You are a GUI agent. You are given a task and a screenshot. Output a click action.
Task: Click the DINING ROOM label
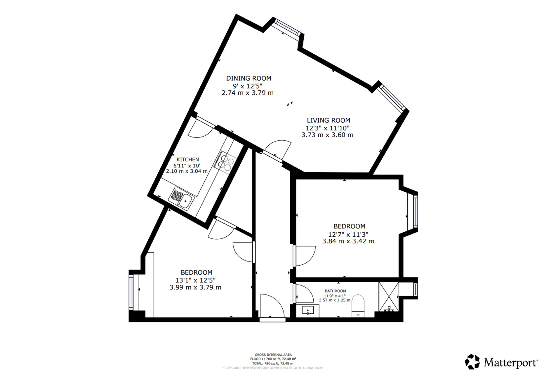click(249, 78)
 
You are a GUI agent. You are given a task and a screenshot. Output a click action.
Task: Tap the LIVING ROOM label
click(328, 120)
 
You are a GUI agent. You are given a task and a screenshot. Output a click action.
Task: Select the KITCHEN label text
click(188, 160)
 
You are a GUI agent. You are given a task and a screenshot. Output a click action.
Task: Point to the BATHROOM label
click(335, 291)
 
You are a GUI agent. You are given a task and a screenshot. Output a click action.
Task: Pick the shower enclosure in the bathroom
click(389, 297)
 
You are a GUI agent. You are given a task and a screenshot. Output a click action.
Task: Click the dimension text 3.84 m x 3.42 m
click(348, 241)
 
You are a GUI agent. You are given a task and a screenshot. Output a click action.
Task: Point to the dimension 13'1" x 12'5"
click(195, 280)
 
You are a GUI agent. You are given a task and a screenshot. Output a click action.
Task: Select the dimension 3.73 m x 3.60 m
click(327, 135)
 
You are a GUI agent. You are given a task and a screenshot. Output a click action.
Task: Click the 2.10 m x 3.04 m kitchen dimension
click(187, 171)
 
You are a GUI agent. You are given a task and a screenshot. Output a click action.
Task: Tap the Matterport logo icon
click(472, 362)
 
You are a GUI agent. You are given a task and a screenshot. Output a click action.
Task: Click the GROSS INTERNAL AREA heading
click(273, 355)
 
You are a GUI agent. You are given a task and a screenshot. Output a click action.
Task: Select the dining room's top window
click(288, 27)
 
